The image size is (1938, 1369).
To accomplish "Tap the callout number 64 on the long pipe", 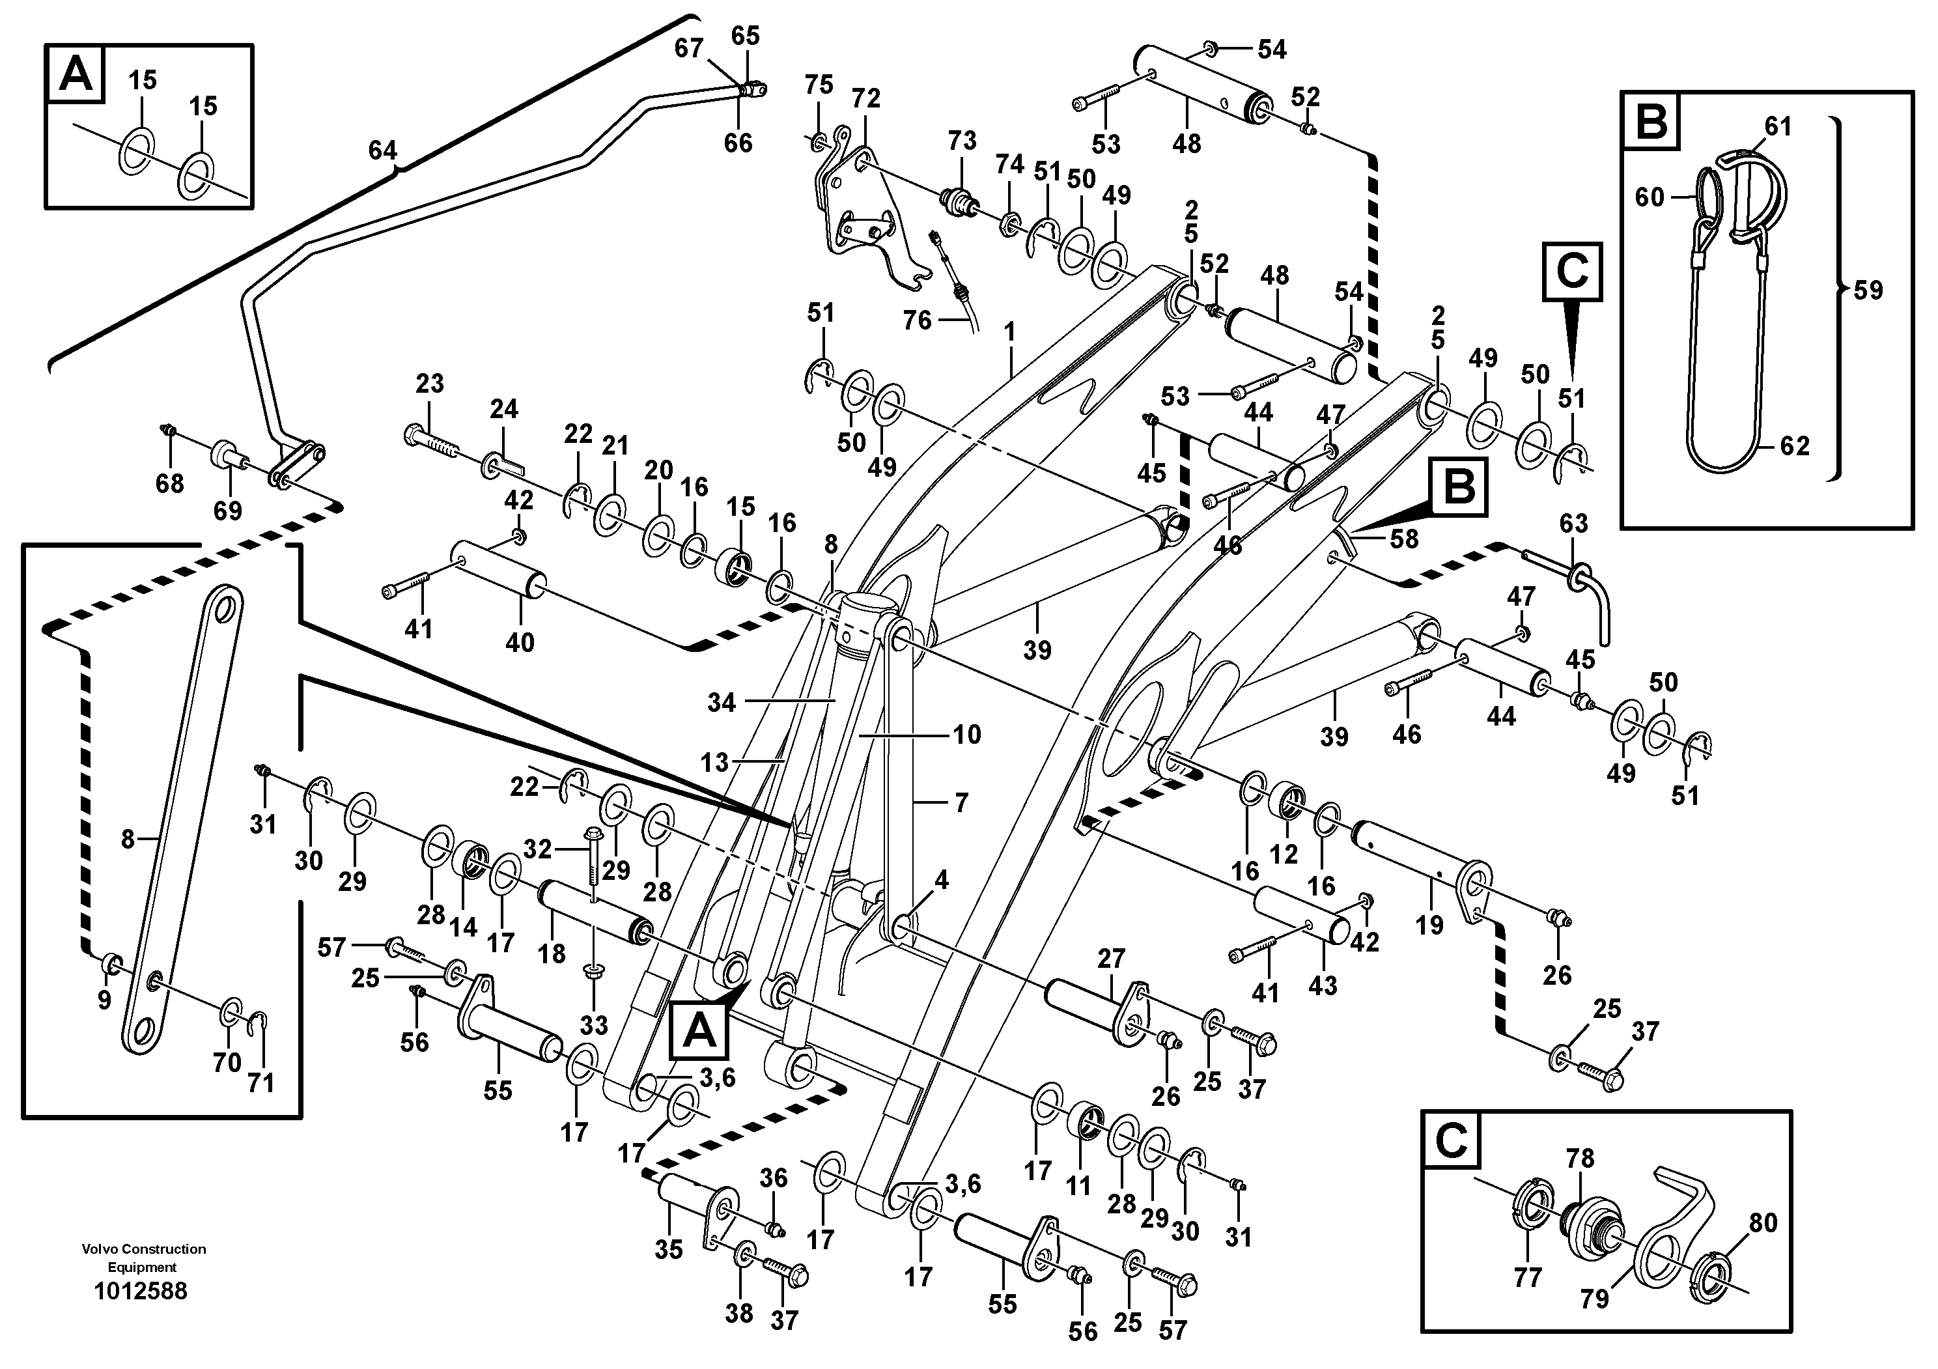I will point(382,150).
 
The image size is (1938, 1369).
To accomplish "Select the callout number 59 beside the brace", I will point(1868,290).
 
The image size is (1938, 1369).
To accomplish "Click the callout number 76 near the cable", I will point(917,320).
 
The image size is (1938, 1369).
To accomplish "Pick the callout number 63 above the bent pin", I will point(1573,523).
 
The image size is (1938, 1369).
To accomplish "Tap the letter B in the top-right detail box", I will point(1651,122).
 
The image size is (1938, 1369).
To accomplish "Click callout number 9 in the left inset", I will point(104,1000).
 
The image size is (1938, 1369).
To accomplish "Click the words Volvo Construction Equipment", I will point(143,1258).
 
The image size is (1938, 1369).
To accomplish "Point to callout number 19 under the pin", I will point(1429,924).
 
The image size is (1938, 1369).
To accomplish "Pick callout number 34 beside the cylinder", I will point(722,701).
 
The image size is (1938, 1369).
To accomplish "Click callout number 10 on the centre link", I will point(966,733).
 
